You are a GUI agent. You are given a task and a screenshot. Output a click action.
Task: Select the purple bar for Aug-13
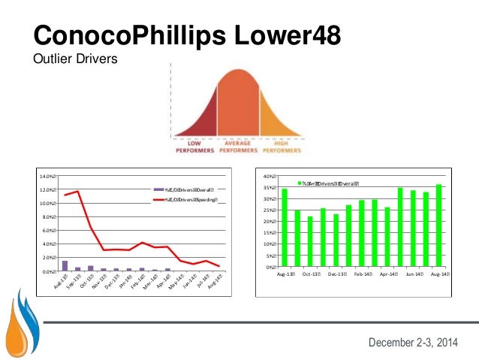click(65, 265)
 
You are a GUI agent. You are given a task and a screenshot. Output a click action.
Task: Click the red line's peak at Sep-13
click(77, 191)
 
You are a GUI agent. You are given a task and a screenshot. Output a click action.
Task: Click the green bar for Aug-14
click(438, 225)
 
